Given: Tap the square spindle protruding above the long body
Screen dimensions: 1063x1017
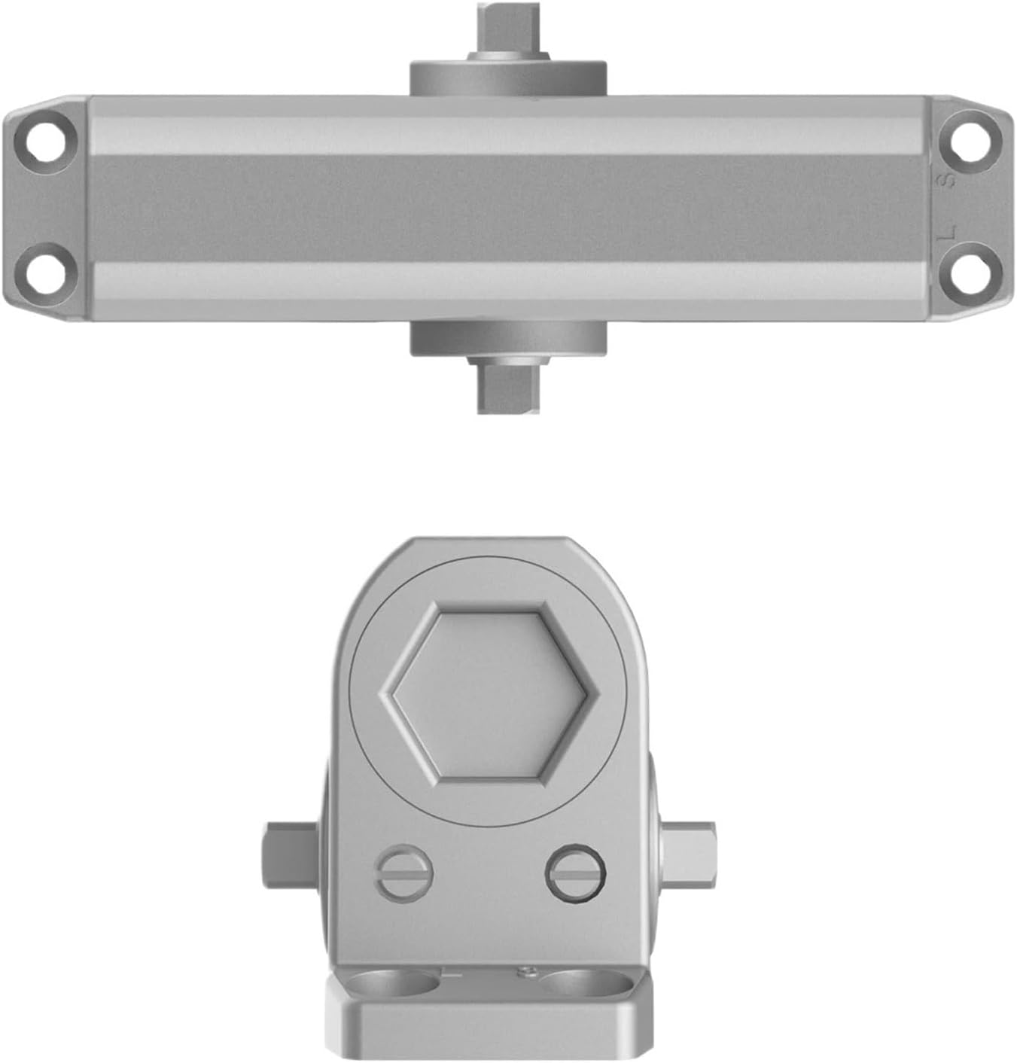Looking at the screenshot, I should pyautogui.click(x=509, y=27).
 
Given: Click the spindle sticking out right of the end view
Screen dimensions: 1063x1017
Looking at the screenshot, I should pyautogui.click(x=689, y=854).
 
